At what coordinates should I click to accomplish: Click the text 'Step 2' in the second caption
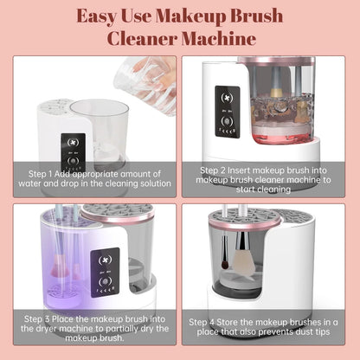click(x=217, y=170)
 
